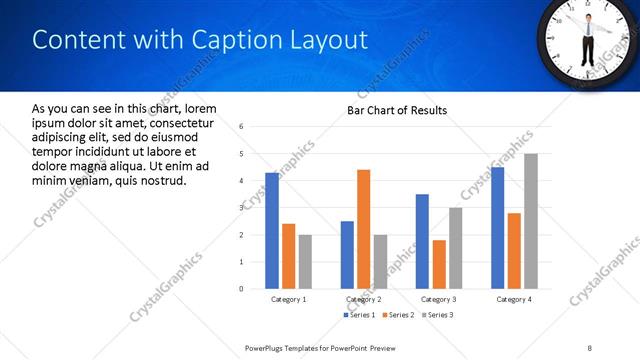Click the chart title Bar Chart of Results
397,110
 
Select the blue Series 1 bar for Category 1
272,230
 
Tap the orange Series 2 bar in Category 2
363,229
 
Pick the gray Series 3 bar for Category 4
530,221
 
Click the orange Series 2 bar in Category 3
439,264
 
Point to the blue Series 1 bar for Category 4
497,227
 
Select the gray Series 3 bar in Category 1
305,261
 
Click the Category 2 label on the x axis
364,299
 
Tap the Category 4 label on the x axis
514,299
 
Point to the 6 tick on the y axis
241,127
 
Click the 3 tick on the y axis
241,208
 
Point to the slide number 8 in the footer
589,347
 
